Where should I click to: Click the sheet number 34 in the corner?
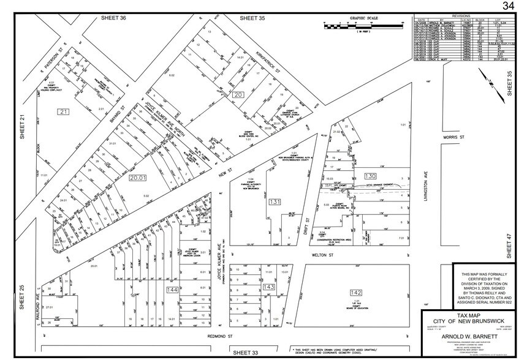pos(508,6)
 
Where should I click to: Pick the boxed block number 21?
pos(63,111)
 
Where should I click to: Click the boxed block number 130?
pos(370,176)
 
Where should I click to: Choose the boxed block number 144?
pos(172,289)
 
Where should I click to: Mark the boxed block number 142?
pos(356,292)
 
